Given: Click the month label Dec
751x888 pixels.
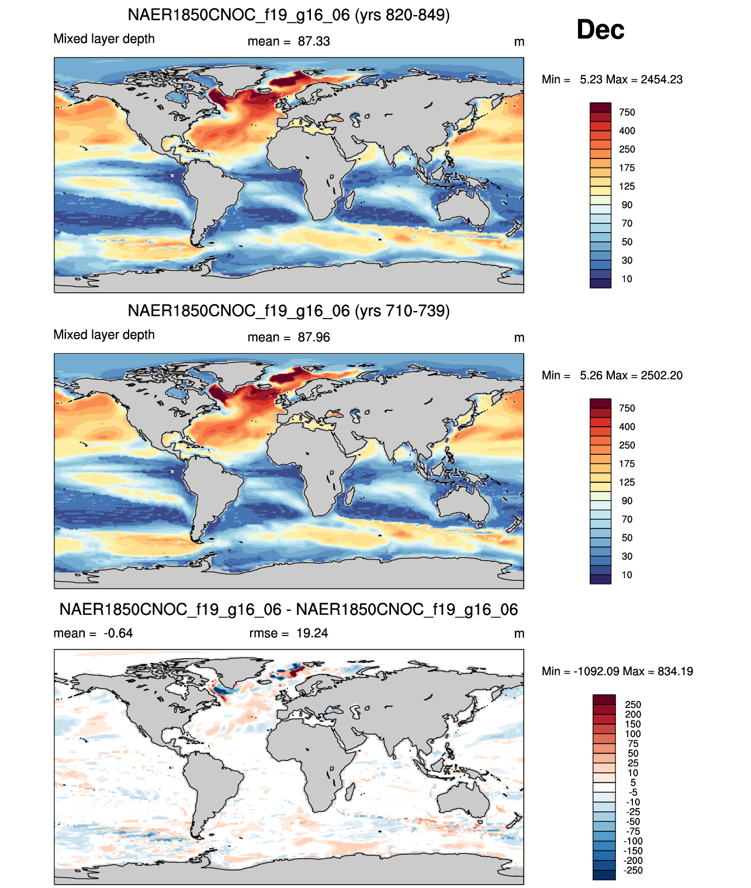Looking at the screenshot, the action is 600,30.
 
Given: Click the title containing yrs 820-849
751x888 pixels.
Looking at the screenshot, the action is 289,15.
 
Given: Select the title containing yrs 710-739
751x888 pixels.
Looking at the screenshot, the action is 289,310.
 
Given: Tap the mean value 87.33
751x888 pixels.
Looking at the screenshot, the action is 314,42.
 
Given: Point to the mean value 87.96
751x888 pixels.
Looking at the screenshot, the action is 314,337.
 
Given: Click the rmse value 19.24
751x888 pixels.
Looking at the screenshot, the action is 312,633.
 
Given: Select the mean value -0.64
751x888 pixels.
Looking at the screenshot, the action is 118,633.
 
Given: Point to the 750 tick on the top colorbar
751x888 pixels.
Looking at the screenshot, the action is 627,112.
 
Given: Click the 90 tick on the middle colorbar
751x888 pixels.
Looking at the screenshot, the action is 627,500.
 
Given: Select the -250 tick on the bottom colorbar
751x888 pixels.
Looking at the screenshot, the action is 633,870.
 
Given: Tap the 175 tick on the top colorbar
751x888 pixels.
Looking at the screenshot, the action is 627,168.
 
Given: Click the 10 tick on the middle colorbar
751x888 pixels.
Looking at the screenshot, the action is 627,575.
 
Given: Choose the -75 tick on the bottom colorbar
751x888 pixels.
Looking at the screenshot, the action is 633,831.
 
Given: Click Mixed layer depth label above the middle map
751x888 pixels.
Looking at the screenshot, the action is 104,334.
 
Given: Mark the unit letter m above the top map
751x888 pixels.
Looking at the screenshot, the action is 519,42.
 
